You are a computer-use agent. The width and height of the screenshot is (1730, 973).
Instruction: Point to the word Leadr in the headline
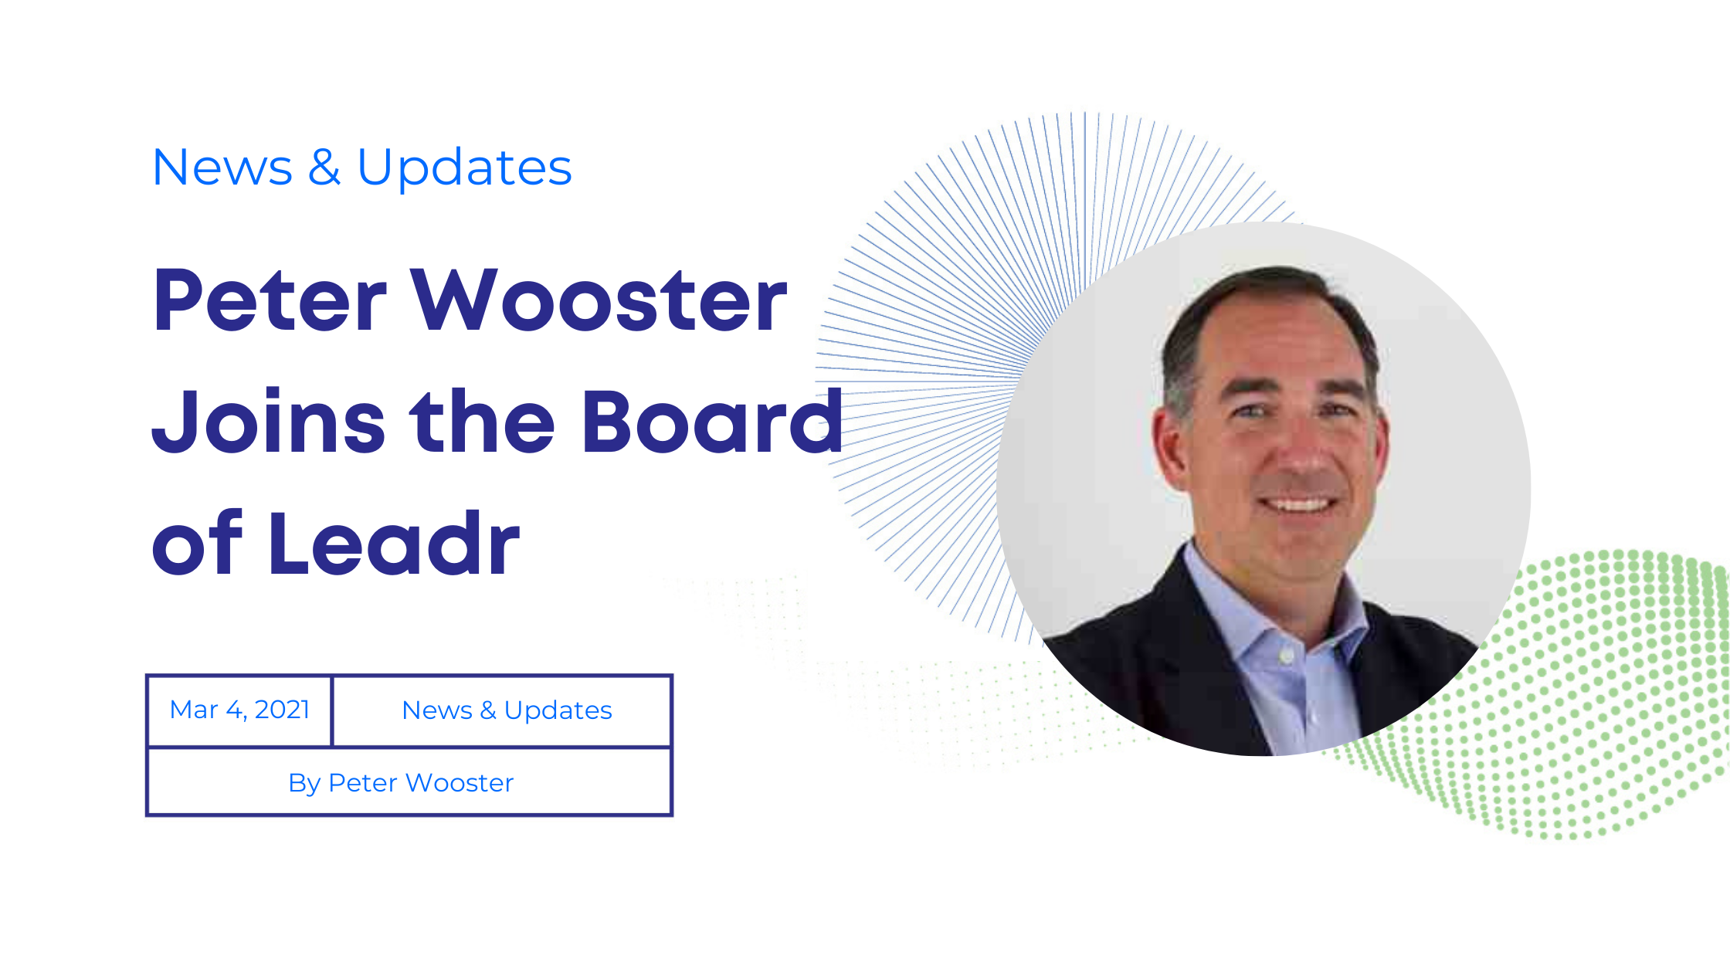394,544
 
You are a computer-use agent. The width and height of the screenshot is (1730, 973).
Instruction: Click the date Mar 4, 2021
239,710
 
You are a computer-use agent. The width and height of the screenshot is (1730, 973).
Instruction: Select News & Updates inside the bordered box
507,710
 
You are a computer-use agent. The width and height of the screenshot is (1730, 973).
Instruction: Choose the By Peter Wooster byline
401,783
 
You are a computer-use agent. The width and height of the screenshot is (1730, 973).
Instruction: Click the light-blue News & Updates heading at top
362,168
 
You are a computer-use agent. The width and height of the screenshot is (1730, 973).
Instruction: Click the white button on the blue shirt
1286,656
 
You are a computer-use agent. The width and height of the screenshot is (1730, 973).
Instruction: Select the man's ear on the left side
1169,448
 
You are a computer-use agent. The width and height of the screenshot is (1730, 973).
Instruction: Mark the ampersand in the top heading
324,168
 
